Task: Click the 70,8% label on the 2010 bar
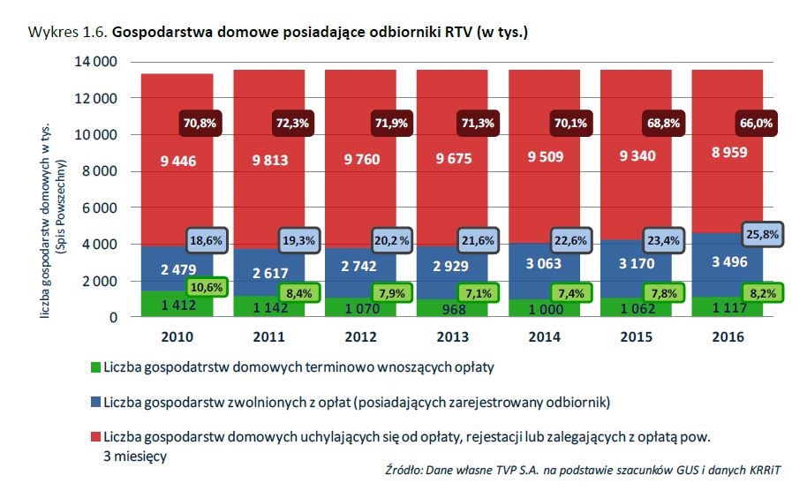pyautogui.click(x=200, y=124)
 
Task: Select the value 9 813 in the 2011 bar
pyautogui.click(x=269, y=160)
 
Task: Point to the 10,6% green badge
pyautogui.click(x=207, y=287)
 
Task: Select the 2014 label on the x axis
pyautogui.click(x=545, y=337)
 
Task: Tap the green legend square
pyautogui.click(x=95, y=365)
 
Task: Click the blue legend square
pyautogui.click(x=95, y=403)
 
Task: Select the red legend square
pyautogui.click(x=95, y=437)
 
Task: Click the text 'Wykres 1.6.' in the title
pyautogui.click(x=67, y=33)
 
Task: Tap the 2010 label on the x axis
pyautogui.click(x=177, y=337)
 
